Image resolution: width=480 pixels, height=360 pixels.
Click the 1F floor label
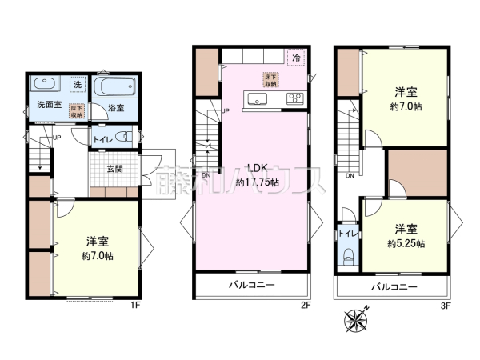pyautogui.click(x=135, y=305)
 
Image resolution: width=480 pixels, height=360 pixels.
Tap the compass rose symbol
pyautogui.click(x=354, y=319)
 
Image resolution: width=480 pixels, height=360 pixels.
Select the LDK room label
pyautogui.click(x=256, y=169)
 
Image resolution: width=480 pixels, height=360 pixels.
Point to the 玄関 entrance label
pyautogui.click(x=114, y=169)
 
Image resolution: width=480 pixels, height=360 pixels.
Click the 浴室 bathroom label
pyautogui.click(x=116, y=108)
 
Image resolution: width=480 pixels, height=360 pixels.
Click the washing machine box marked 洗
pyautogui.click(x=78, y=83)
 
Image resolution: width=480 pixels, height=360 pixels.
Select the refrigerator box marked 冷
pyautogui.click(x=296, y=58)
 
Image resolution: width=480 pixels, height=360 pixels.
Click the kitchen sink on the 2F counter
pyautogui.click(x=258, y=99)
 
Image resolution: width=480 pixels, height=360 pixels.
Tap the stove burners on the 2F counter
pyautogui.click(x=294, y=99)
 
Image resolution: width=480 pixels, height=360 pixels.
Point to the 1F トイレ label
pyautogui.click(x=102, y=139)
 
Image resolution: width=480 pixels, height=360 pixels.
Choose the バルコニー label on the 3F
pyautogui.click(x=392, y=285)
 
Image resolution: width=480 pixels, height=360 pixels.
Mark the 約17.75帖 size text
pyautogui.click(x=258, y=182)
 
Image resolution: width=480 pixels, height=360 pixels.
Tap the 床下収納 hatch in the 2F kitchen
pyautogui.click(x=271, y=79)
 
